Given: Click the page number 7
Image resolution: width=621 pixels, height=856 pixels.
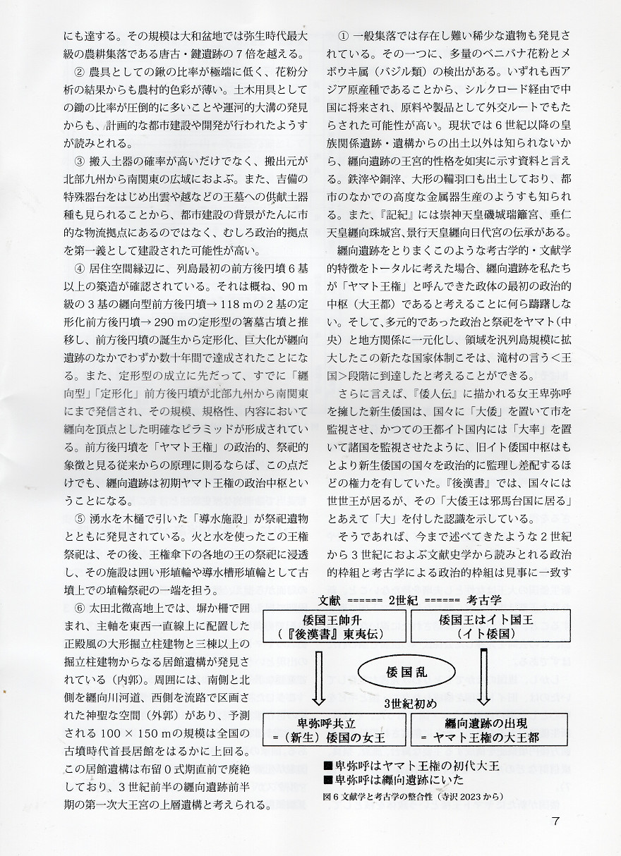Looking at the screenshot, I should point(557,821).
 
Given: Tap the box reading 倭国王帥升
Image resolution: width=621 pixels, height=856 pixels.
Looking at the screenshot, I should point(334,626).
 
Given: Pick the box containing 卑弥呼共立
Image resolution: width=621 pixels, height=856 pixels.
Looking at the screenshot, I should point(334,730).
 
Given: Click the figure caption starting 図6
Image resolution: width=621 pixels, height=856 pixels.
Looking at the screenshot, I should point(402,796).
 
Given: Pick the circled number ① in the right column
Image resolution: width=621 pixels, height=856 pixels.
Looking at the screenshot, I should point(344,35).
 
